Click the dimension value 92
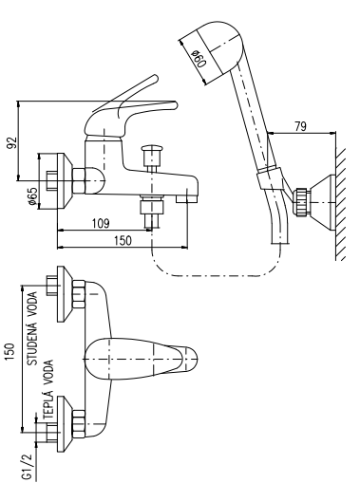pyautogui.click(x=11, y=143)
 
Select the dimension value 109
pyautogui.click(x=101, y=223)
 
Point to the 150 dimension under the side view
pyautogui.click(x=123, y=240)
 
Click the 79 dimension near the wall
pyautogui.click(x=300, y=126)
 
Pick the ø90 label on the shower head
pyautogui.click(x=200, y=58)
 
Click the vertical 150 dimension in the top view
pyautogui.click(x=9, y=352)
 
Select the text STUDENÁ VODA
pyautogui.click(x=31, y=328)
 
